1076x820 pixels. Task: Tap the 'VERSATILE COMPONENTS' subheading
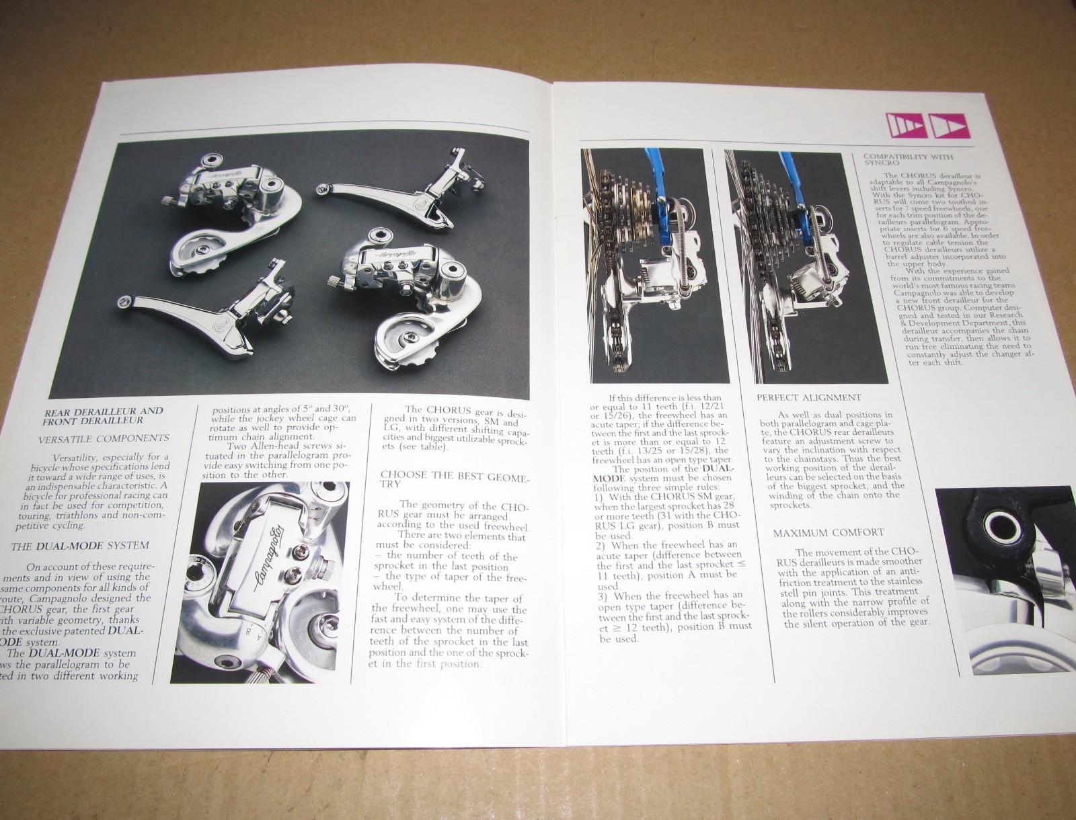104,438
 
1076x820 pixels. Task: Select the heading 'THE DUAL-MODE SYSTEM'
80,545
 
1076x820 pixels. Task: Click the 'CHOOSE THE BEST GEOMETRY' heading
455,479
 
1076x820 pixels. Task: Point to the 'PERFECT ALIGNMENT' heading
808,397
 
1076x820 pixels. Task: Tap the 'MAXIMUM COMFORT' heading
828,533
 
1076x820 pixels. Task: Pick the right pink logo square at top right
947,125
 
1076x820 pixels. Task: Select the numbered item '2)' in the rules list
601,544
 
